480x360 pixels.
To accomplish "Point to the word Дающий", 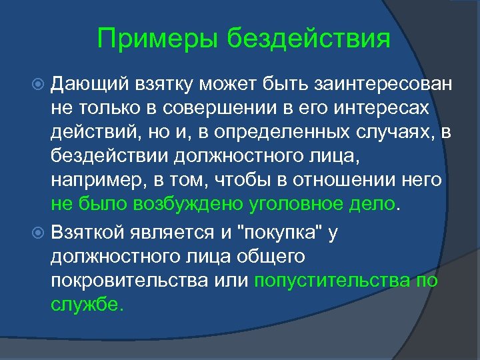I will point(84,85).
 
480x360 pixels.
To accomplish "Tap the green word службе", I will point(87,304).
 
